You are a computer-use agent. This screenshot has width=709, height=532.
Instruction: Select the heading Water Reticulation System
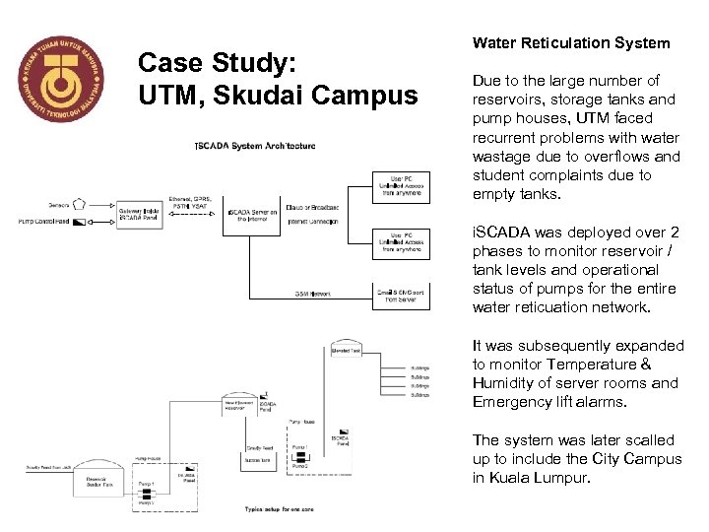click(570, 42)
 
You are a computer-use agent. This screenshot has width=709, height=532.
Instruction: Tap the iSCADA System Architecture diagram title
click(255, 146)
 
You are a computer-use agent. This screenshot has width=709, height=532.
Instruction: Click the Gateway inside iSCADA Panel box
click(140, 213)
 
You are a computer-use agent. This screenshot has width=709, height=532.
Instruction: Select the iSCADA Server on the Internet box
click(255, 215)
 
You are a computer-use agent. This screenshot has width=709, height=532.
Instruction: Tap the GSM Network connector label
click(314, 294)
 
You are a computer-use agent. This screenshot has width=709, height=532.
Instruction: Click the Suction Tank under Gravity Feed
click(259, 460)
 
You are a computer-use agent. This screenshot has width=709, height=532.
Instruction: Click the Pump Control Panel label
click(50, 222)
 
